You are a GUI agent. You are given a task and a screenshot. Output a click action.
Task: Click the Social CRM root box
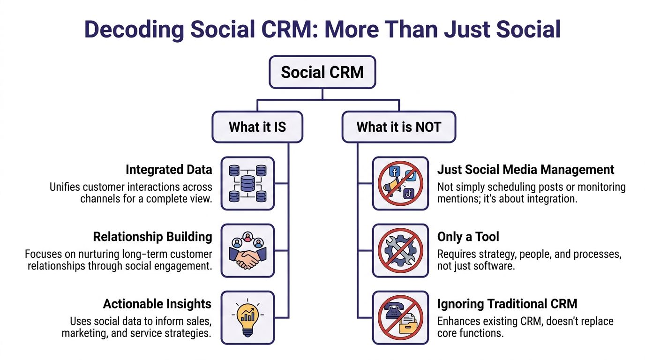[322, 72]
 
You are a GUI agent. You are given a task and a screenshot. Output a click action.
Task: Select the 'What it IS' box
[257, 127]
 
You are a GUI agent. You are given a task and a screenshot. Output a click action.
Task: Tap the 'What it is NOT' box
[398, 127]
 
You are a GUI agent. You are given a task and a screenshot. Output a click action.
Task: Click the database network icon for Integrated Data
[247, 183]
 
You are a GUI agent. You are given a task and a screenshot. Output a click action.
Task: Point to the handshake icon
[247, 250]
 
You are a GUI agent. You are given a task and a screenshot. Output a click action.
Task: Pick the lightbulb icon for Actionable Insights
[247, 318]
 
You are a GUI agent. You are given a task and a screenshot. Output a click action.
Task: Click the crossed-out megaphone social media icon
[400, 183]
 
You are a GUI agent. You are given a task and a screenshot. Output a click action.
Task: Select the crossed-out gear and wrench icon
[400, 250]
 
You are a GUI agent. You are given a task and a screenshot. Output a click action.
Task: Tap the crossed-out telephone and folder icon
[400, 318]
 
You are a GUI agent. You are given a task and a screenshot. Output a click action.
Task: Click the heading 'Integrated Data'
[169, 169]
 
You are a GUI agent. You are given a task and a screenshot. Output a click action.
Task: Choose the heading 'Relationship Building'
[152, 237]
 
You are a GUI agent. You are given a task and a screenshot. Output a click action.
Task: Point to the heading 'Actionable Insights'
[157, 304]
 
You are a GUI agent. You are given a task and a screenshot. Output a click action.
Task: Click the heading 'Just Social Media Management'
[525, 169]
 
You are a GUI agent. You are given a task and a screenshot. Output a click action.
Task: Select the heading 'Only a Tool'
[468, 237]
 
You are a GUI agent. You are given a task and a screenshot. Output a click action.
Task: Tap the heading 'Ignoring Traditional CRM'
[507, 304]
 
